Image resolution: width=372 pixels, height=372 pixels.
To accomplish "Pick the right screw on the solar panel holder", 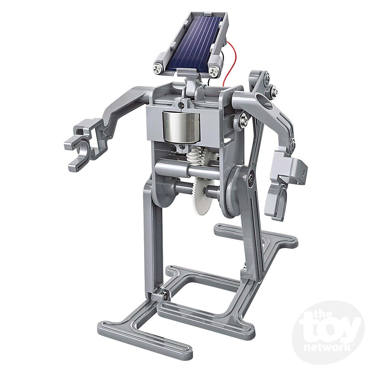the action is (213, 71).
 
